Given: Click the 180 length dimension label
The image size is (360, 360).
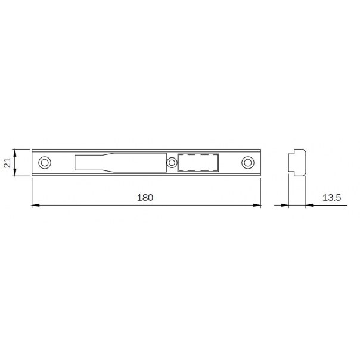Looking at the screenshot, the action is (x=145, y=198).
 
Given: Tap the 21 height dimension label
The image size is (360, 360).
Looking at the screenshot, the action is (x=8, y=163).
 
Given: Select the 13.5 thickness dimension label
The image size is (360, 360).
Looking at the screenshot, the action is (x=332, y=198).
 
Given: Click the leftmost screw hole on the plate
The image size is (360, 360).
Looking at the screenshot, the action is (x=45, y=163).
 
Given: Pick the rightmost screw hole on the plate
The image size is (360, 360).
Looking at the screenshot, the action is (x=248, y=163).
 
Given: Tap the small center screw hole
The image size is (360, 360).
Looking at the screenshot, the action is (x=172, y=163).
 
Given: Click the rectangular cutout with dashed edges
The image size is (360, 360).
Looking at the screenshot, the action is (x=198, y=163).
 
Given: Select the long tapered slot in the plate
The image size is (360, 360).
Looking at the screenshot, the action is (x=120, y=163).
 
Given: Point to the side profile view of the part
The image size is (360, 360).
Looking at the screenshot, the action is (x=297, y=163).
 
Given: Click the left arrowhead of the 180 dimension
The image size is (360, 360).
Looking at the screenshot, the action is (x=35, y=205).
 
